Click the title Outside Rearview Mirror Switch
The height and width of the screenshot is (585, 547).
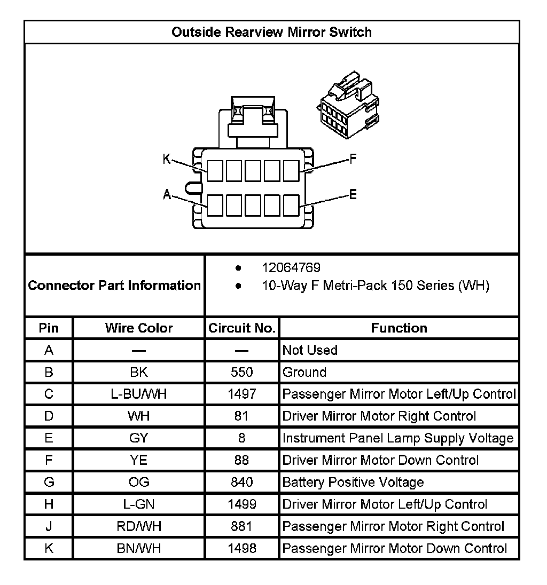(271, 32)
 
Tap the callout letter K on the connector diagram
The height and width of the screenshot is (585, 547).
(167, 159)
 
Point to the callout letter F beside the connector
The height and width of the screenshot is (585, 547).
(353, 159)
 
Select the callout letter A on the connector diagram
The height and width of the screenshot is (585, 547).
(167, 195)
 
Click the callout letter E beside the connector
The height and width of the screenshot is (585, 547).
(353, 195)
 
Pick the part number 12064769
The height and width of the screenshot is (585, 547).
(291, 268)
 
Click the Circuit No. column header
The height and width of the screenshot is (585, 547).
(242, 328)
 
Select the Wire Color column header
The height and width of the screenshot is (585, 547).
(139, 328)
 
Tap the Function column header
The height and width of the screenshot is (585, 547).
(399, 328)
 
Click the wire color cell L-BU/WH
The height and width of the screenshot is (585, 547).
(139, 394)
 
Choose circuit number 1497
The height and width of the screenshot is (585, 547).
(242, 394)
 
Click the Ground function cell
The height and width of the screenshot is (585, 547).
(304, 372)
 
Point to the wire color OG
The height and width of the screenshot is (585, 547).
(139, 483)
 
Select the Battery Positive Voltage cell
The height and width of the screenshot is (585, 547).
(353, 483)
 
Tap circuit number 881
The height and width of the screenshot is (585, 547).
(242, 527)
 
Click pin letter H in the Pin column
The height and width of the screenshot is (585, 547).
(49, 504)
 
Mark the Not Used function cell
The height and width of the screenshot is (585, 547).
(310, 350)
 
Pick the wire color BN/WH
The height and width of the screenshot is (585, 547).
(139, 549)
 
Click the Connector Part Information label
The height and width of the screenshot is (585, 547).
(114, 286)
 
